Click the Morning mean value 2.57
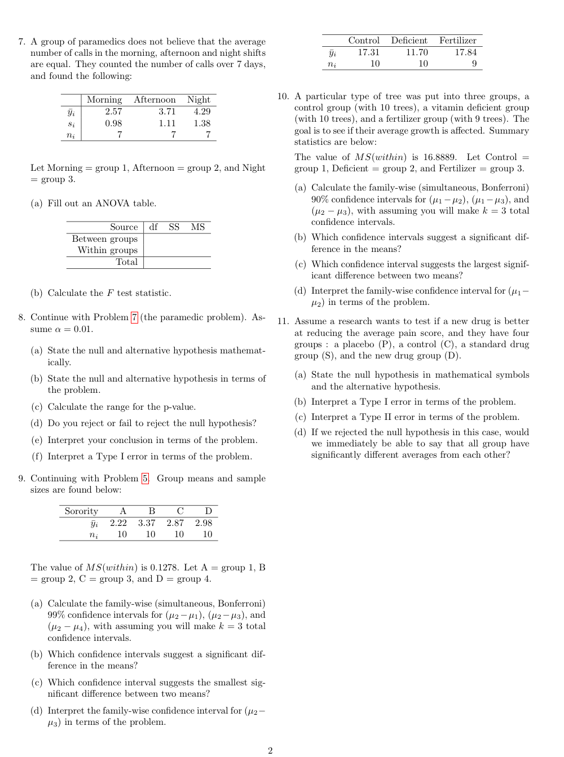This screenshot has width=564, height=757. click(x=113, y=112)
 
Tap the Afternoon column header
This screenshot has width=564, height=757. click(x=155, y=100)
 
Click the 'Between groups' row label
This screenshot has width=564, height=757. click(x=105, y=239)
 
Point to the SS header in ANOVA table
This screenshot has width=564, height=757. click(x=174, y=227)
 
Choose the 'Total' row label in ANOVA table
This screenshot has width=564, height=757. click(x=127, y=262)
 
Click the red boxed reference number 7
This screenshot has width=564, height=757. click(x=134, y=317)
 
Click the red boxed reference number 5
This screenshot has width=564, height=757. click(x=145, y=479)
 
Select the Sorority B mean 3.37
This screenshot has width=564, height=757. click(x=147, y=523)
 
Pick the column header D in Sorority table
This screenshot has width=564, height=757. click(x=208, y=511)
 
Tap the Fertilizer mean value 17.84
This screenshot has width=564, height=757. click(x=466, y=52)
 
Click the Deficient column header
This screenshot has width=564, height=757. click(x=409, y=41)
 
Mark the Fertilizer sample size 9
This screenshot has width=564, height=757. click(x=474, y=64)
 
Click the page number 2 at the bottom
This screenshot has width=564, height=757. click(x=270, y=750)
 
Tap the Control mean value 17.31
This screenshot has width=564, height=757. click(x=369, y=52)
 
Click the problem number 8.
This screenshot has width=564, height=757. click(x=21, y=317)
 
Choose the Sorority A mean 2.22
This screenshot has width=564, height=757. click(x=118, y=523)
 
